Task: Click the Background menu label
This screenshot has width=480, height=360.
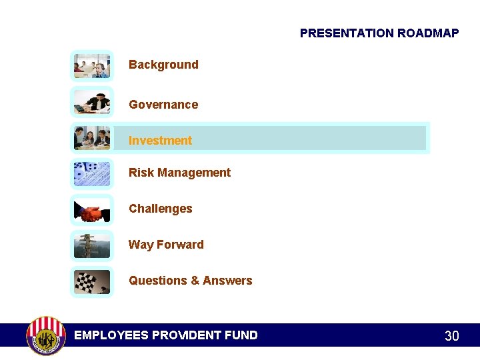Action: click(163, 65)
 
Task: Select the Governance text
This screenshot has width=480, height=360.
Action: click(163, 105)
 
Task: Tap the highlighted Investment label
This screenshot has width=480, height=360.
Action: click(160, 141)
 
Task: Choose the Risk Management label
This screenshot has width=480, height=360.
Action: click(179, 173)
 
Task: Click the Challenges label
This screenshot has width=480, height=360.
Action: click(160, 209)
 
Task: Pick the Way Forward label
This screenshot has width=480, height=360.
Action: click(166, 245)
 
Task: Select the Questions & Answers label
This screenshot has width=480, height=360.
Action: click(190, 281)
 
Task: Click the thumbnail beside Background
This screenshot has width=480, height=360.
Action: click(92, 66)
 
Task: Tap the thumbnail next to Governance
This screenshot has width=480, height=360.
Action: click(92, 102)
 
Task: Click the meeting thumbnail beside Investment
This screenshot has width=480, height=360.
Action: click(92, 138)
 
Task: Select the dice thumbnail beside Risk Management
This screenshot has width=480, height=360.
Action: click(92, 174)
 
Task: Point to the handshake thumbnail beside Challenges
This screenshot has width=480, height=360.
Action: click(92, 211)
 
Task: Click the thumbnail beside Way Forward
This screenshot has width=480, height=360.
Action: click(92, 246)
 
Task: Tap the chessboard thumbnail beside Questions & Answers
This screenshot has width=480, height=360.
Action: click(92, 281)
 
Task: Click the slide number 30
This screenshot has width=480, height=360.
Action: click(451, 336)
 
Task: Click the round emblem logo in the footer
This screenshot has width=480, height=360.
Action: click(45, 335)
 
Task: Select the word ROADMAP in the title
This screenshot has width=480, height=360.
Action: click(428, 33)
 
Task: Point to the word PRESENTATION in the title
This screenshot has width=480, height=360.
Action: click(347, 33)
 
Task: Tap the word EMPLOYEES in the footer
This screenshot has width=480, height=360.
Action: click(111, 335)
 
